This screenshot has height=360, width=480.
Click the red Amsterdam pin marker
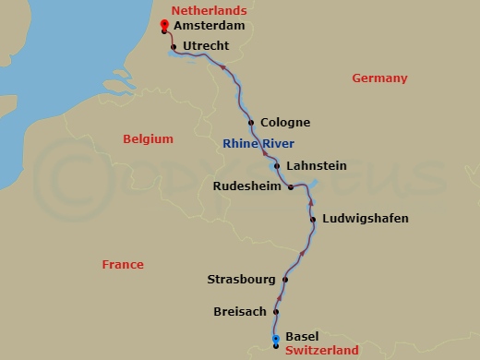pyautogui.click(x=163, y=26)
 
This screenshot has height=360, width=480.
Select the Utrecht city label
pyautogui.click(x=206, y=45)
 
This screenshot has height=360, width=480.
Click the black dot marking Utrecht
pyautogui.click(x=174, y=46)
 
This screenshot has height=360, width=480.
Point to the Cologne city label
pyautogui.click(x=285, y=122)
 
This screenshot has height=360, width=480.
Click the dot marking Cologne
pyautogui.click(x=251, y=123)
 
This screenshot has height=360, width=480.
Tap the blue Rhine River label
pyautogui.click(x=258, y=143)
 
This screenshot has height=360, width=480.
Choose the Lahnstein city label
pyautogui.click(x=317, y=166)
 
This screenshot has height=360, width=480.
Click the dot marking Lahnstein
pyautogui.click(x=277, y=167)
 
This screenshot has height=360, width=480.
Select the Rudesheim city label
pyautogui.click(x=247, y=186)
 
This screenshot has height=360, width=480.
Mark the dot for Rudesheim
pyautogui.click(x=291, y=186)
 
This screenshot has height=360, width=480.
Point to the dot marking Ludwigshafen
pyautogui.click(x=313, y=220)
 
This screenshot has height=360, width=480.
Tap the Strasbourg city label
pyautogui.click(x=240, y=279)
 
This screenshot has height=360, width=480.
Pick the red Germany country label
pyautogui.click(x=379, y=78)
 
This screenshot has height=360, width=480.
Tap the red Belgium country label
pyautogui.click(x=148, y=139)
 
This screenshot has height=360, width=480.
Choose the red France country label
pyautogui.click(x=123, y=265)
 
